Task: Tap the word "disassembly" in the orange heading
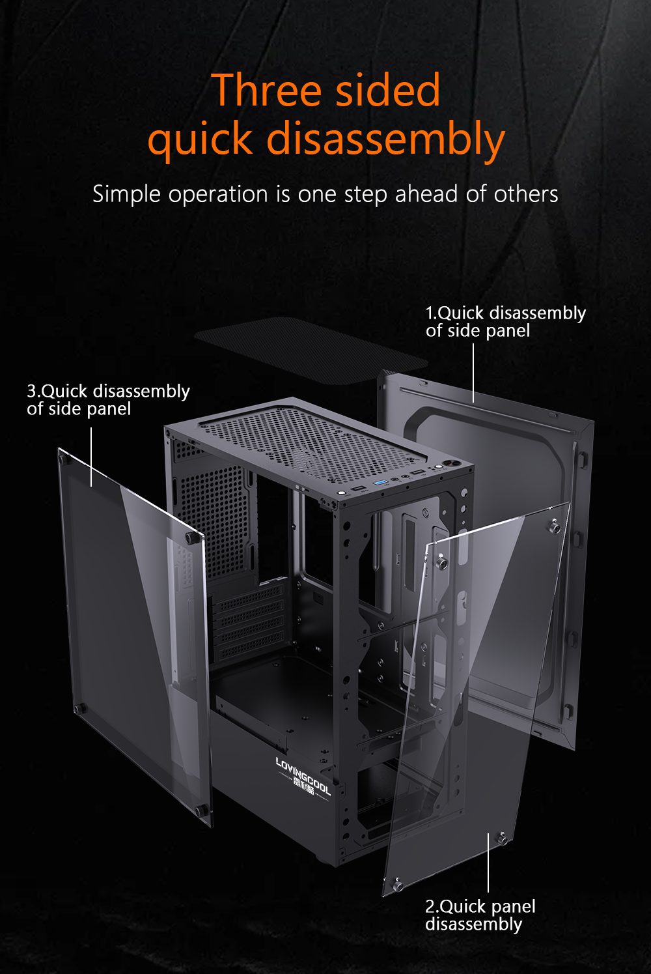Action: [x=385, y=139]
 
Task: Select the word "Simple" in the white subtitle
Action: [x=126, y=194]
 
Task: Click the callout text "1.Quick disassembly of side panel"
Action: [x=506, y=322]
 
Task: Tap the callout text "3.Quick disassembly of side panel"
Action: [x=108, y=399]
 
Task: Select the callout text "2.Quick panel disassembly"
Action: [x=480, y=915]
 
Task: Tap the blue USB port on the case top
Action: [x=380, y=483]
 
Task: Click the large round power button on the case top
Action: [x=450, y=465]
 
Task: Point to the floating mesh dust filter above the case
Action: [x=311, y=351]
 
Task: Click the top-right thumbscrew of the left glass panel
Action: [x=190, y=538]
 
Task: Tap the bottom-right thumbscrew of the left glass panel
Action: [x=202, y=810]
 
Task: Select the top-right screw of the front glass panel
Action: [x=555, y=527]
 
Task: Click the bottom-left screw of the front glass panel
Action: [x=397, y=884]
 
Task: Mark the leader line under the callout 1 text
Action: [x=473, y=373]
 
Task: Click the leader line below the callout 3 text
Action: [x=91, y=457]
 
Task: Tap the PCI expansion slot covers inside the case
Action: [x=248, y=622]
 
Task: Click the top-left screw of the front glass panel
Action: [x=441, y=563]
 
